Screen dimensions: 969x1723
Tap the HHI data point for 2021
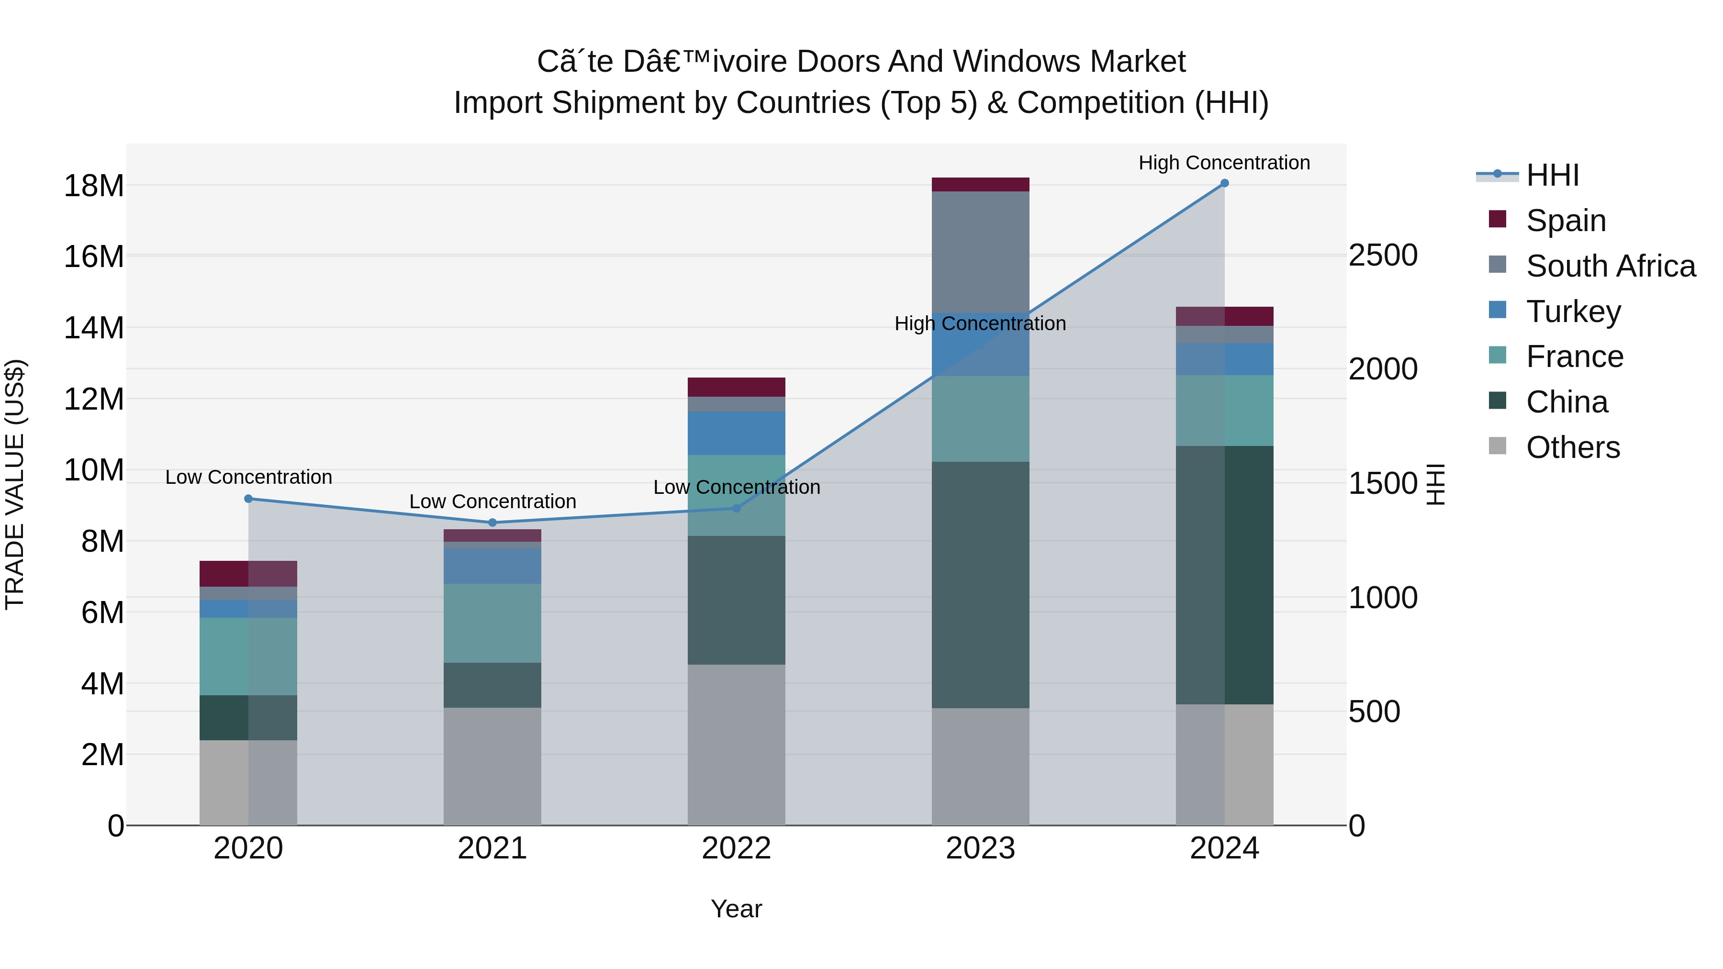[x=492, y=523]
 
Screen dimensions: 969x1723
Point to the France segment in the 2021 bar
[x=492, y=623]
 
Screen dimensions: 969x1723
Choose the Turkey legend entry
[x=1573, y=312]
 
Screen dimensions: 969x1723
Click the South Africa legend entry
[x=1610, y=266]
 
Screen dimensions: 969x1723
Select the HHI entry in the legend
[x=1552, y=175]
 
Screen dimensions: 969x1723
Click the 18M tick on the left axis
[x=94, y=186]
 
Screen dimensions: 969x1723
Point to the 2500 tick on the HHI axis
[x=1383, y=256]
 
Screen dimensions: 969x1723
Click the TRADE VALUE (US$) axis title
[x=15, y=484]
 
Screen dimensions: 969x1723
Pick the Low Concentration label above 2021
[x=492, y=501]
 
